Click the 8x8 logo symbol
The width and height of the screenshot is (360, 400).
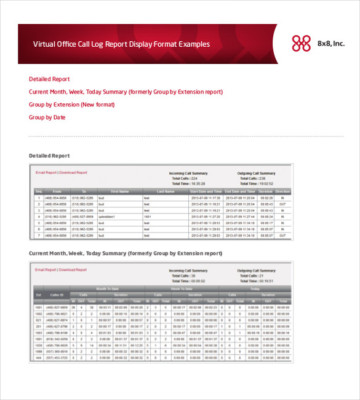point(301,43)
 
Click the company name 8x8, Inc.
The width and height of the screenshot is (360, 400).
point(331,44)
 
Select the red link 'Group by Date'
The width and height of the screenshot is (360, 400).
point(47,118)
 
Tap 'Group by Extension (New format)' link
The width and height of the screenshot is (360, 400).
point(71,105)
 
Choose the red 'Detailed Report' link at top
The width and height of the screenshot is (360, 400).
point(49,79)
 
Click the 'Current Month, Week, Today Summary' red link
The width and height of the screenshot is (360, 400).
point(126,92)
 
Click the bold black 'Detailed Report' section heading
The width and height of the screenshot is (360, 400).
point(49,156)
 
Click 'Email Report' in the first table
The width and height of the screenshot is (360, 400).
point(46,173)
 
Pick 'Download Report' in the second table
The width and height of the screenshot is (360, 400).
point(73,270)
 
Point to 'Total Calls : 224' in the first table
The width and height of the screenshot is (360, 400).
point(185,178)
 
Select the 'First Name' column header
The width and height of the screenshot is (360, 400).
point(119,191)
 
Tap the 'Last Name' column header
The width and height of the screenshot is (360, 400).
point(166,191)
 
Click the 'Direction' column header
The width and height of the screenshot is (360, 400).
point(282,191)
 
